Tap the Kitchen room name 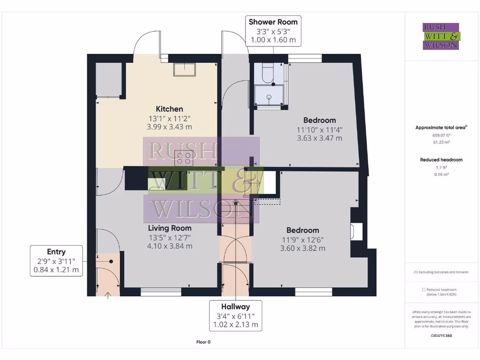point(169,109)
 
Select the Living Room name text point(170,228)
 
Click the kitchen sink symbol point(184,70)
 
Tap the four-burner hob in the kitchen point(184,158)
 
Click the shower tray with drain point(269,97)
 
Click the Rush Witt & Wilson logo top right point(441,37)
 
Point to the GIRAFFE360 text point(441,336)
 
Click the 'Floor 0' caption point(203,342)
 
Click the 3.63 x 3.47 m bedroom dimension point(319,138)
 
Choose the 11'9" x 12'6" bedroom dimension point(302,240)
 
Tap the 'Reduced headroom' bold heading point(441,160)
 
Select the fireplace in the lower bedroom point(356,231)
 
